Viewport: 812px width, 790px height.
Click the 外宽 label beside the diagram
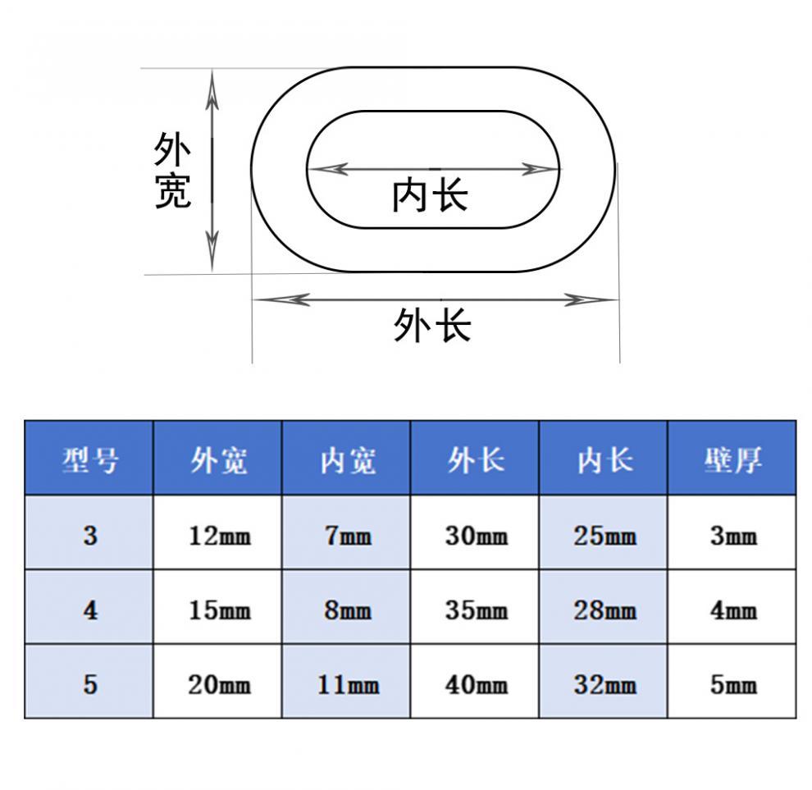click(173, 171)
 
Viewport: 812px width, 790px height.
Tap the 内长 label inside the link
click(430, 196)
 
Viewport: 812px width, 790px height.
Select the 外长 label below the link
click(432, 325)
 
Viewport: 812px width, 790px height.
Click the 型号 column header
click(89, 460)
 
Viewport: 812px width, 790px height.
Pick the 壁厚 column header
click(732, 460)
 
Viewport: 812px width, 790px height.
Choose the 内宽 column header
click(347, 460)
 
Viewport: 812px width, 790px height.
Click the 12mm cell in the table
click(218, 537)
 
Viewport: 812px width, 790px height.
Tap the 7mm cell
click(347, 537)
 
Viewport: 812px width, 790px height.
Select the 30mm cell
click(476, 537)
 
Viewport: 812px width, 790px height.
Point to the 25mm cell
click(604, 537)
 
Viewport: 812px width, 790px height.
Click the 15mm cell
click(218, 610)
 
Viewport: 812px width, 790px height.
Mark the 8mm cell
click(347, 610)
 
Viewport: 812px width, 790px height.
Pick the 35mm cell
click(476, 610)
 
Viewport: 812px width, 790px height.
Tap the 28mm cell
click(604, 610)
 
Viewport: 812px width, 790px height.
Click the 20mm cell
click(218, 684)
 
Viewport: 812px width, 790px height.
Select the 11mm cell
click(347, 684)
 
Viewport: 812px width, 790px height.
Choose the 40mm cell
click(476, 684)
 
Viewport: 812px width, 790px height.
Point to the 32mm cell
click(604, 684)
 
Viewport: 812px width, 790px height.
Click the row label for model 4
click(89, 610)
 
